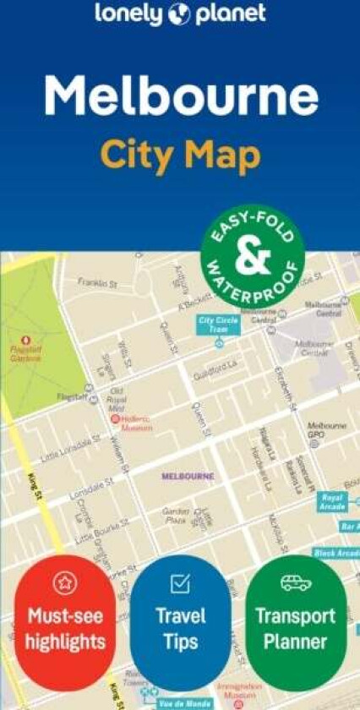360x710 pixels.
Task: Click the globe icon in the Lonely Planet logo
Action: pyautogui.click(x=180, y=14)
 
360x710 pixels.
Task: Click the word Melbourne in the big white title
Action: pyautogui.click(x=181, y=98)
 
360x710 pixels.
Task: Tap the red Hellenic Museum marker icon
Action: pyautogui.click(x=115, y=418)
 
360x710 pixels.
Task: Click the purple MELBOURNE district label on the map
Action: pyautogui.click(x=188, y=476)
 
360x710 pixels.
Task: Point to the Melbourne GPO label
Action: pyautogui.click(x=326, y=429)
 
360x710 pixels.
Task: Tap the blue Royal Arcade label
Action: pyautogui.click(x=333, y=500)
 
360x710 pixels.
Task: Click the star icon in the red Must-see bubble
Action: pyautogui.click(x=64, y=582)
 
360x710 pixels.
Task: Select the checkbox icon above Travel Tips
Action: pyautogui.click(x=180, y=583)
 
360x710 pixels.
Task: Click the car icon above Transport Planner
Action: pyautogui.click(x=296, y=582)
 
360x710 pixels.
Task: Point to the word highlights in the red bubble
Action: pyautogui.click(x=64, y=642)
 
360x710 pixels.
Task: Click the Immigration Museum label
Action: pyautogui.click(x=236, y=691)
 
